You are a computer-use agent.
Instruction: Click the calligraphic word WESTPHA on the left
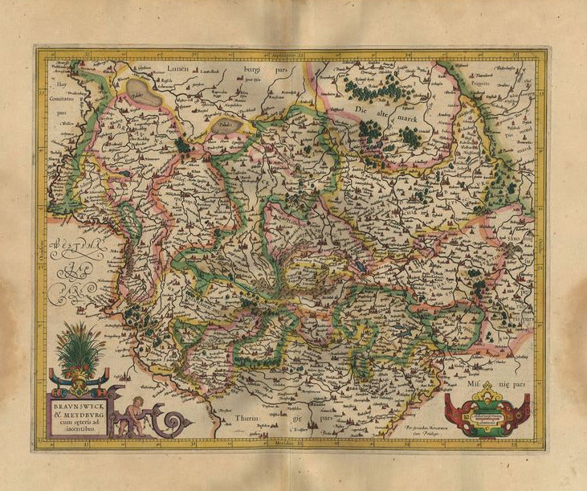click(73, 244)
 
